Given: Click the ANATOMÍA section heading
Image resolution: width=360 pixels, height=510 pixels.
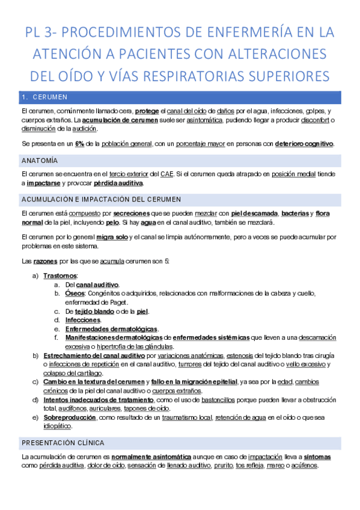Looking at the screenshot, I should tap(40, 161).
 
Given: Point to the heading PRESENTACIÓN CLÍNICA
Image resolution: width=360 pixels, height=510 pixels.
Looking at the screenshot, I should tap(63, 442).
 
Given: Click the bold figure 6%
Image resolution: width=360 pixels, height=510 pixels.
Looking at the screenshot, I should tap(80, 144).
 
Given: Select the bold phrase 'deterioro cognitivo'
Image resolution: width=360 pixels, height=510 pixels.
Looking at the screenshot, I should tap(304, 144).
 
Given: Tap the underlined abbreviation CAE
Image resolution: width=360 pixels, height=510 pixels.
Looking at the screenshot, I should tap(166, 174).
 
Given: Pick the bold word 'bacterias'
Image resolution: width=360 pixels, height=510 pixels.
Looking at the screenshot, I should tap(295, 213).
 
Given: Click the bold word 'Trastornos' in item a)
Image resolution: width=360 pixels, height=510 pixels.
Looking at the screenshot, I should tap(56, 275).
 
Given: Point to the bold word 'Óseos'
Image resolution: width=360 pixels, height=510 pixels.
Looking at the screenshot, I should tap(75, 293).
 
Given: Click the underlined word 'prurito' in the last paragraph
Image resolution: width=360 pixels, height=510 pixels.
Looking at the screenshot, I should tap(222, 465).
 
